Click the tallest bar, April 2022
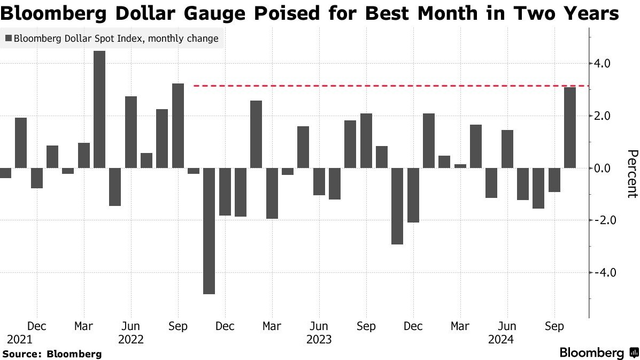(x=99, y=109)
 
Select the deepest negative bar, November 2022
(x=209, y=231)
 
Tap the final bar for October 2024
(x=570, y=127)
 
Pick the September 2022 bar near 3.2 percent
(x=178, y=126)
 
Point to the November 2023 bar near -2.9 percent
(x=397, y=206)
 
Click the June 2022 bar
(x=131, y=132)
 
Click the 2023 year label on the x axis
(x=319, y=339)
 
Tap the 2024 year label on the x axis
(x=500, y=339)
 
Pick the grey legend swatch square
(x=8, y=39)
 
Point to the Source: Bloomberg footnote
(x=52, y=354)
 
